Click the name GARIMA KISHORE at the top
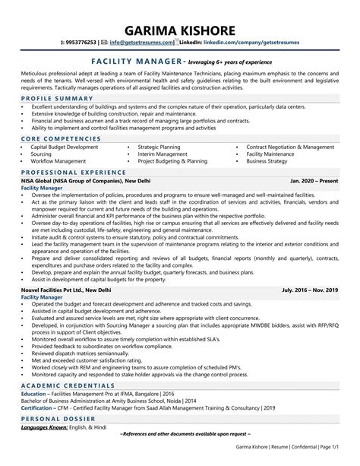[x=180, y=30]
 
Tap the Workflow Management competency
[x=58, y=162]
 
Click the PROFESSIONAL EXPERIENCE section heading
[x=68, y=173]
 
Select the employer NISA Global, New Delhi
[x=86, y=182]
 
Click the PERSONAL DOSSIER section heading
[x=55, y=440]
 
